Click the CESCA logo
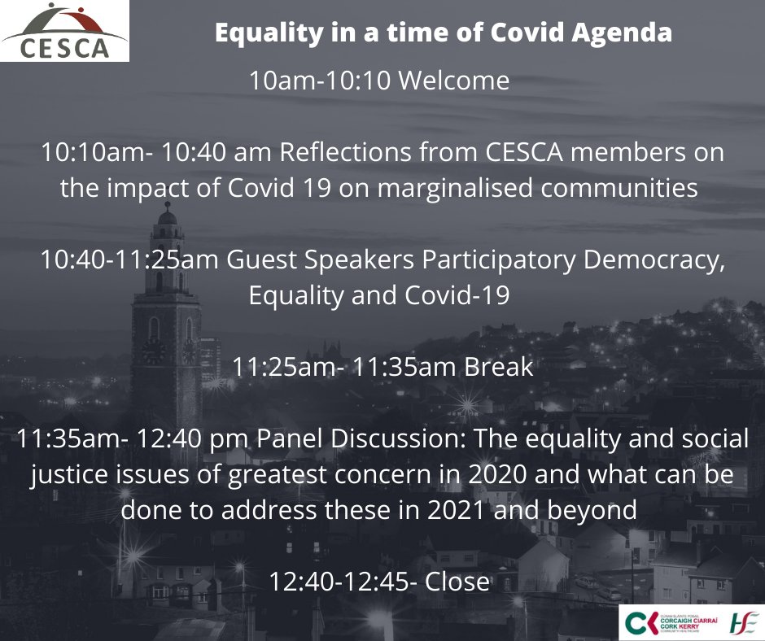point(64,31)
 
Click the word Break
point(498,367)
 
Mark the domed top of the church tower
point(167,215)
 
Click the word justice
point(68,475)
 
